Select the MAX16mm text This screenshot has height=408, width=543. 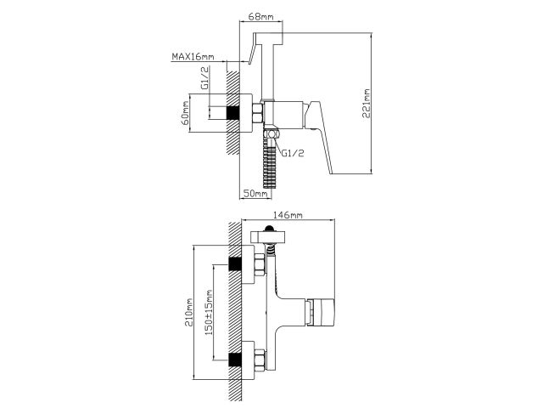[191, 58]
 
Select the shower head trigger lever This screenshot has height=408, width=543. [248, 58]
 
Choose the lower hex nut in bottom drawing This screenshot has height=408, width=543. [258, 356]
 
